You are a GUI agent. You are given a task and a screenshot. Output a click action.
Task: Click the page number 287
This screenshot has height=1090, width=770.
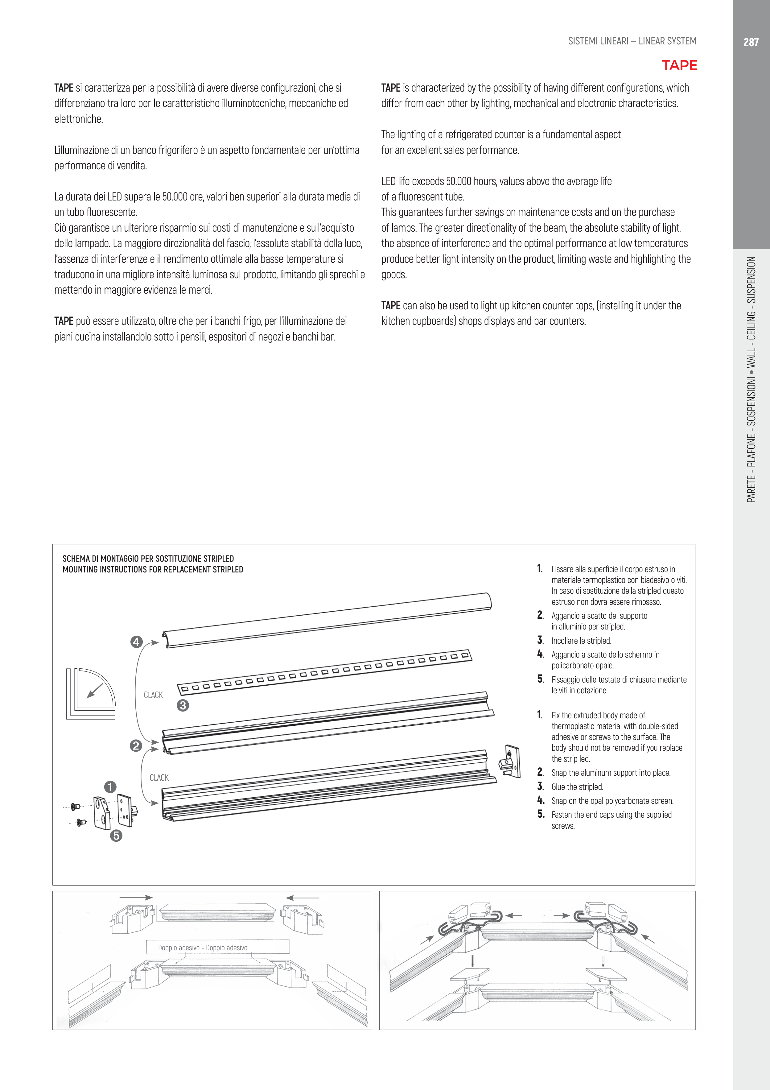tap(751, 42)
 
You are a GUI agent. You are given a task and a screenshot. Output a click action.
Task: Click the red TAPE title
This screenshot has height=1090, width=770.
tap(679, 65)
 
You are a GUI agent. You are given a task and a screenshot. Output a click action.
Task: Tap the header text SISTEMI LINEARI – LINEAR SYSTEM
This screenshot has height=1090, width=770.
tap(632, 41)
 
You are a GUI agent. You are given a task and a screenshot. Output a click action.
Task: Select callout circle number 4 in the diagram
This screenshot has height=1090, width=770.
tap(136, 642)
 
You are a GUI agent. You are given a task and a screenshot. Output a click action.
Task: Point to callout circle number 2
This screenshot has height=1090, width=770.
tap(136, 745)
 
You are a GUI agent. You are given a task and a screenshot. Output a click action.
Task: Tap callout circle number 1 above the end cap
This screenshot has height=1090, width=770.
tap(110, 787)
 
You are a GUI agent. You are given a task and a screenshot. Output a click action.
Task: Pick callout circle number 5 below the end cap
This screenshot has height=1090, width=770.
tap(116, 836)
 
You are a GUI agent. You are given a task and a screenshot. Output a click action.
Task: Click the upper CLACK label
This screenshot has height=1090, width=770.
tap(153, 695)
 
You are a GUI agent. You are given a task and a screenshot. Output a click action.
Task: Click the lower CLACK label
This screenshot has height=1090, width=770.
tap(159, 778)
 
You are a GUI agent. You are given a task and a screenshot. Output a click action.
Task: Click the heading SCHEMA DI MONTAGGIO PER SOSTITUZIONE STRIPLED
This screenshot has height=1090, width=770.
tap(148, 558)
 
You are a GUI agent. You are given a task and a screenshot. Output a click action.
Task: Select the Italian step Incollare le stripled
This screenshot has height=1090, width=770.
tap(581, 640)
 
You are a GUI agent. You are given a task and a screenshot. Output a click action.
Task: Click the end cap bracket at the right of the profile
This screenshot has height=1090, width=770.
tap(510, 762)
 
